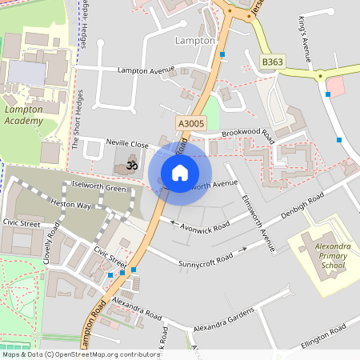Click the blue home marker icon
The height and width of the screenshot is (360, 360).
point(180,172)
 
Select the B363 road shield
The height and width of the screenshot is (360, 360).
point(272,61)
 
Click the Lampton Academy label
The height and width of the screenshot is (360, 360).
point(29,114)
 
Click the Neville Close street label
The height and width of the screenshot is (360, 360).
point(127,144)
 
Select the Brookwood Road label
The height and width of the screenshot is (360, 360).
point(249,134)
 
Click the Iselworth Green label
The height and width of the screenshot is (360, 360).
point(99,188)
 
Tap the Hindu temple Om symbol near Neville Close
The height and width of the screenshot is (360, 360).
point(132,166)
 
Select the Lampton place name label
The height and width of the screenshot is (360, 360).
point(195,40)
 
